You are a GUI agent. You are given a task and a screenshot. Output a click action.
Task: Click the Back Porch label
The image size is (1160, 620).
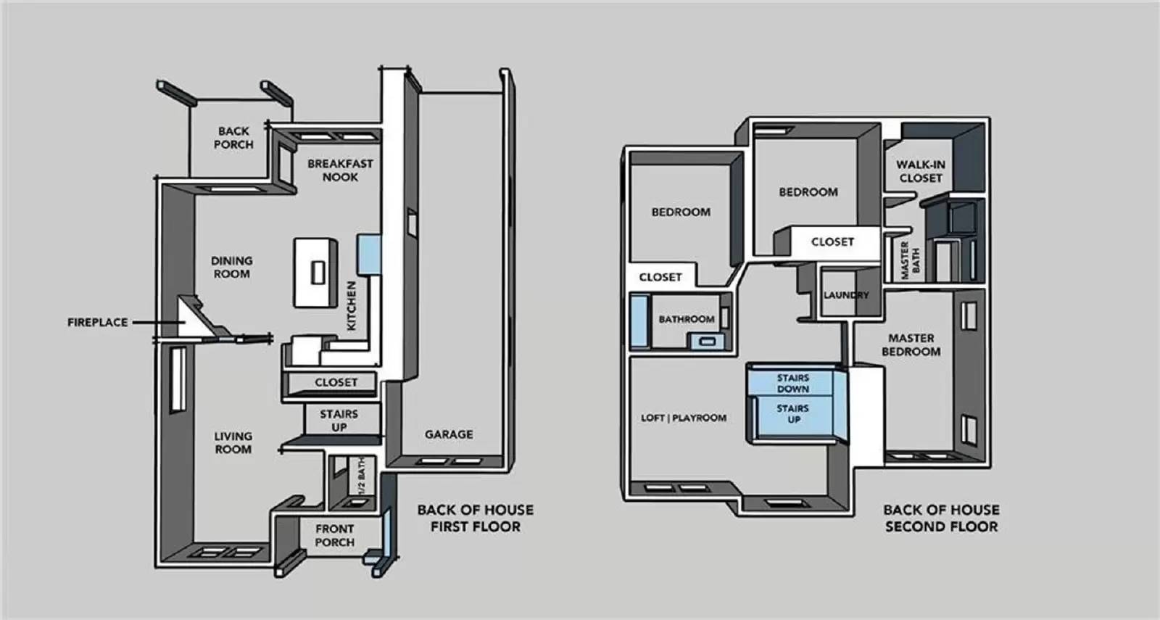(233, 138)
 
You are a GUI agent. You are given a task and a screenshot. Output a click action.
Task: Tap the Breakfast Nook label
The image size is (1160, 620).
(340, 170)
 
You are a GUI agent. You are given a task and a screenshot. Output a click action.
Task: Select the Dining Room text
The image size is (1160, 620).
(231, 267)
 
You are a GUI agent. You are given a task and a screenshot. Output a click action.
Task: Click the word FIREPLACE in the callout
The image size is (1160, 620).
(97, 322)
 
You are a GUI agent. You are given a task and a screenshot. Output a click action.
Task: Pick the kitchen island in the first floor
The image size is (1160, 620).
(315, 272)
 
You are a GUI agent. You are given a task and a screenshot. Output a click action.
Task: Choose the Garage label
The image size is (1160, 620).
(449, 434)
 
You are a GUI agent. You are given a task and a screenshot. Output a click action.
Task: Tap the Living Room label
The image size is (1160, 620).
(233, 442)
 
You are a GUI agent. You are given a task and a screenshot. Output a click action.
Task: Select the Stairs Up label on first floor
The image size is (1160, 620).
(339, 421)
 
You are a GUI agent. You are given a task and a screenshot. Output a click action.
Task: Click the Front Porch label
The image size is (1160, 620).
(334, 535)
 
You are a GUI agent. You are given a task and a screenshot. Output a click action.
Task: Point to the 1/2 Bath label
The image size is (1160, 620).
(361, 477)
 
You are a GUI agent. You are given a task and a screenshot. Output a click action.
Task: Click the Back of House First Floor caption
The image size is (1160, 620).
(475, 518)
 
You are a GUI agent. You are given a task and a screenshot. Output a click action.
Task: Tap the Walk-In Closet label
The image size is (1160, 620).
(921, 171)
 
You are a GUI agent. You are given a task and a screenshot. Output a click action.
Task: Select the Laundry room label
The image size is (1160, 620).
(845, 295)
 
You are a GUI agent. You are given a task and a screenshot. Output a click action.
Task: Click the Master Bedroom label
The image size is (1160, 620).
(911, 344)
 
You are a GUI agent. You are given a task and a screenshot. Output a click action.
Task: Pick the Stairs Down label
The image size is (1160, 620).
(792, 383)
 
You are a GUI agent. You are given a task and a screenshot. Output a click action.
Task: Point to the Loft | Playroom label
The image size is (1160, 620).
(683, 418)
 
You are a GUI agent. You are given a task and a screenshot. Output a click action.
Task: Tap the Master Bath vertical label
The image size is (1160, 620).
(910, 260)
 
